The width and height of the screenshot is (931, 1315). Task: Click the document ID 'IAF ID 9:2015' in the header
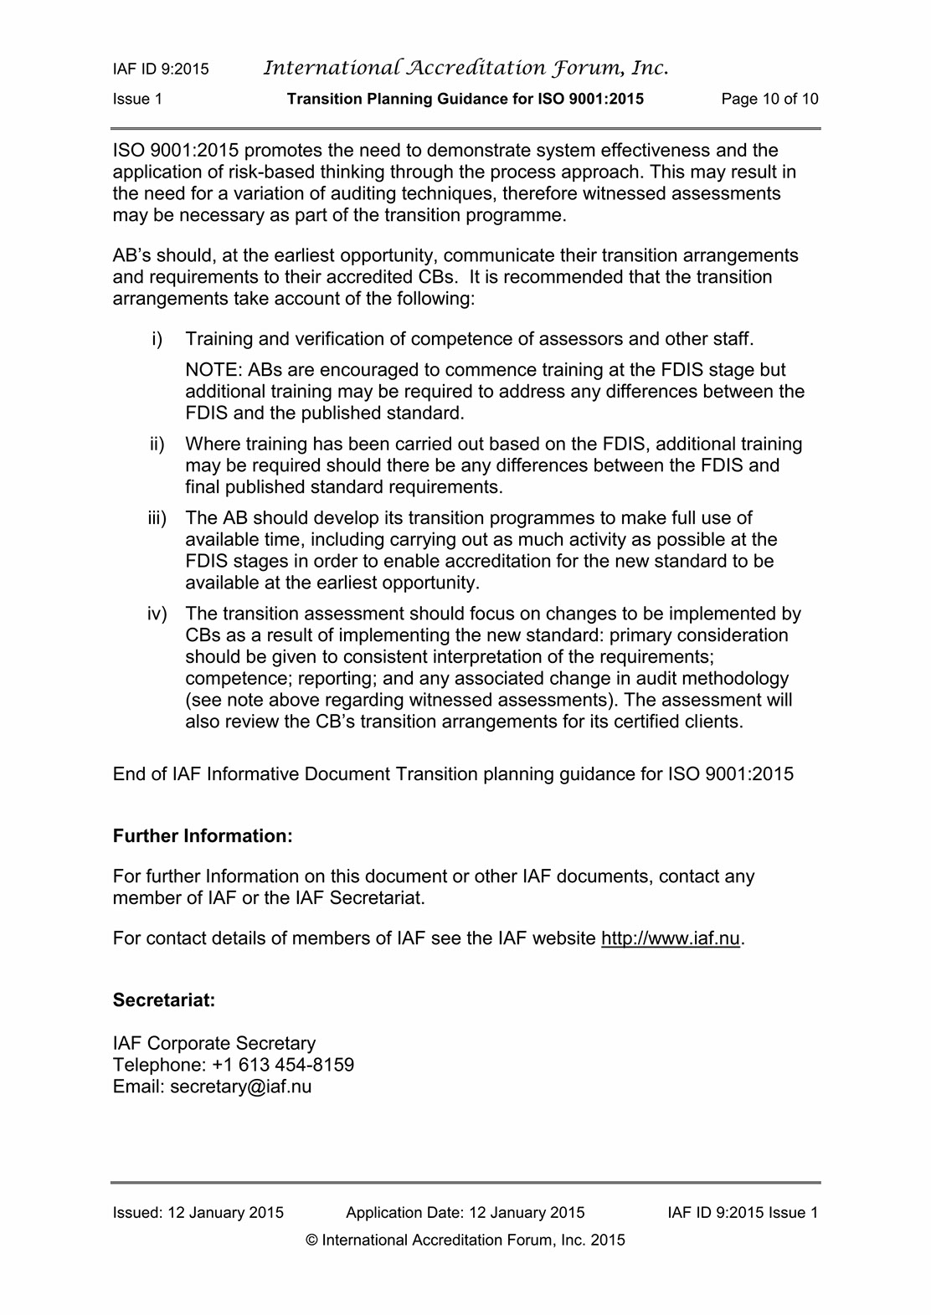point(161,69)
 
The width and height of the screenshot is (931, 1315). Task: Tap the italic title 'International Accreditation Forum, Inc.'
point(465,68)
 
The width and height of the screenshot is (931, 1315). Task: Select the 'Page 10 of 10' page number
point(769,99)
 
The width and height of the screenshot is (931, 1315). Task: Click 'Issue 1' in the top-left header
point(137,99)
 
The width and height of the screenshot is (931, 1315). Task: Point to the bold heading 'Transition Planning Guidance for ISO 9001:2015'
point(465,99)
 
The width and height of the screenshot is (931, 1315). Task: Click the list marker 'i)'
point(157,339)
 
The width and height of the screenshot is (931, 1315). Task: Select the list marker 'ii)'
point(157,444)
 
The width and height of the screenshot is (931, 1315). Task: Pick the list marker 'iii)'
point(157,518)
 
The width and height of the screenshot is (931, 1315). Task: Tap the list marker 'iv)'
point(157,614)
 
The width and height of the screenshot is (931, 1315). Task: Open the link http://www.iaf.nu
point(670,938)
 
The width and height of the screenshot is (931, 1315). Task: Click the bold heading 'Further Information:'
point(203,836)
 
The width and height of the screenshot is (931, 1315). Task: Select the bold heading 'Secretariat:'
point(164,1000)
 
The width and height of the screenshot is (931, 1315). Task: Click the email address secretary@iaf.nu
point(240,1086)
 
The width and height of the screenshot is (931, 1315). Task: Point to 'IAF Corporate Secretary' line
point(214,1043)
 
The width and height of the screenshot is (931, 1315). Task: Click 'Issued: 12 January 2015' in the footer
point(198,1213)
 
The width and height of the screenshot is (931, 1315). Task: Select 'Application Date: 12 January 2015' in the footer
point(465,1213)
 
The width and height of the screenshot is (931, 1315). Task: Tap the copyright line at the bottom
point(465,1241)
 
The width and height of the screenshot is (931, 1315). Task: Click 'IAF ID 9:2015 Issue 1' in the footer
point(743,1213)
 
